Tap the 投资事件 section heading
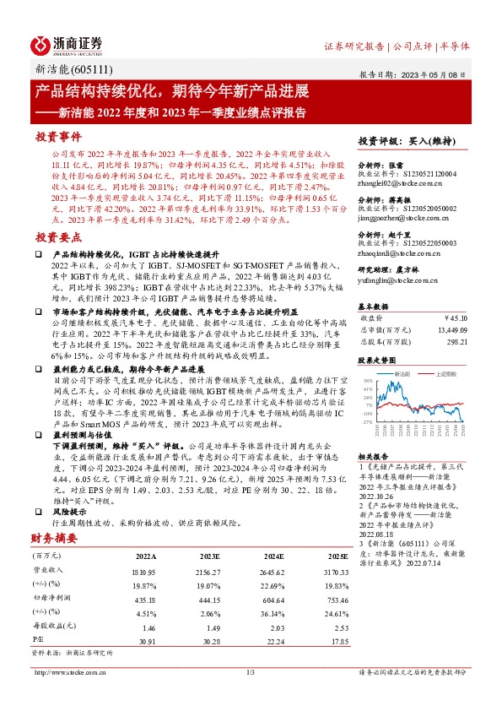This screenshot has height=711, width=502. pyautogui.click(x=57, y=136)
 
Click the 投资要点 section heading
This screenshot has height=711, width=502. pyautogui.click(x=57, y=238)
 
